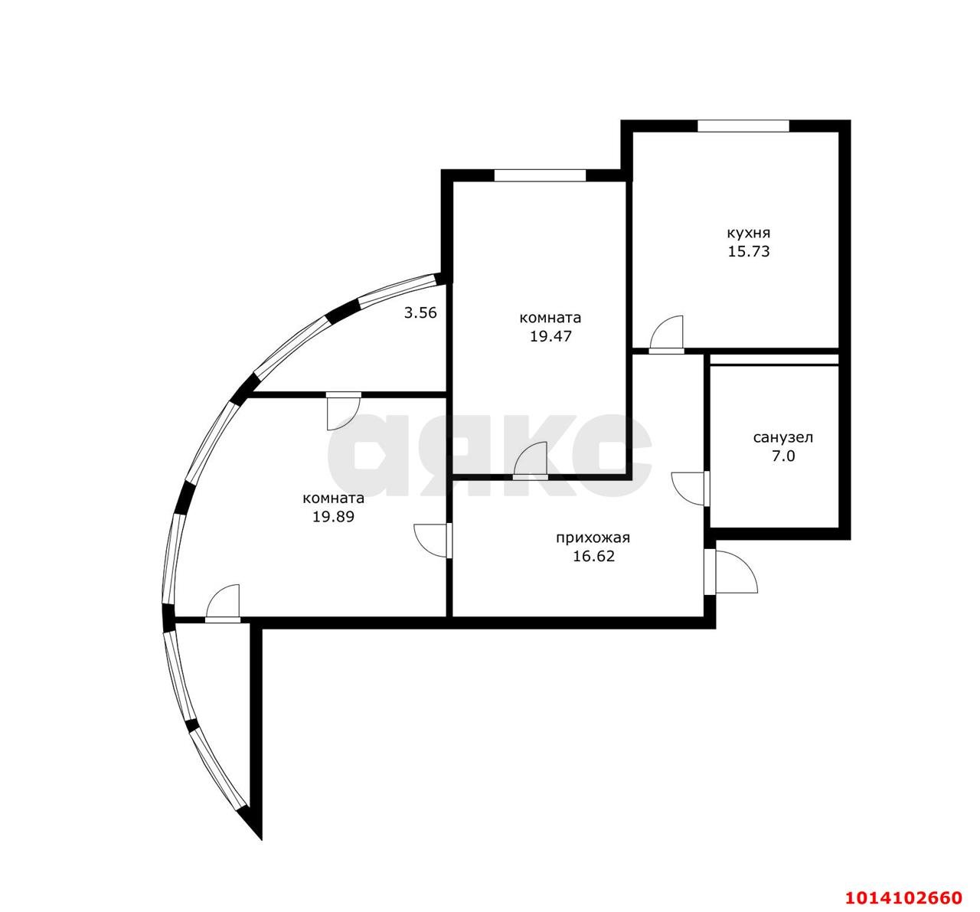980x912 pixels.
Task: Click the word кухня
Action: point(748,233)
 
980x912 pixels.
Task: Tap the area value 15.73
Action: point(749,251)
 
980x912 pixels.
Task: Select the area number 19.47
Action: point(550,336)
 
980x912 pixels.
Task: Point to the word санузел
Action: point(782,437)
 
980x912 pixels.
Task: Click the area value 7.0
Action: point(783,456)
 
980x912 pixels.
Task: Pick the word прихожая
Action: point(593,538)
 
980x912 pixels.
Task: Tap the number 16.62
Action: point(593,557)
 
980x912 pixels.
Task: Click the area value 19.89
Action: point(333,517)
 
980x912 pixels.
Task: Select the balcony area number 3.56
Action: point(420,313)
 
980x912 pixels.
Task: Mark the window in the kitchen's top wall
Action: point(743,126)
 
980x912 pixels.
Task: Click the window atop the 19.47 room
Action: point(540,175)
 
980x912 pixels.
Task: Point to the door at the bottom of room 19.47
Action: point(530,461)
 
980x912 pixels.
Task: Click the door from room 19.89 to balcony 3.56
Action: point(344,410)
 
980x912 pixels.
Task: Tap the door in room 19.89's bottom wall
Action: point(223,603)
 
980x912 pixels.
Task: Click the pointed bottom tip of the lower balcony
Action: point(261,839)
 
